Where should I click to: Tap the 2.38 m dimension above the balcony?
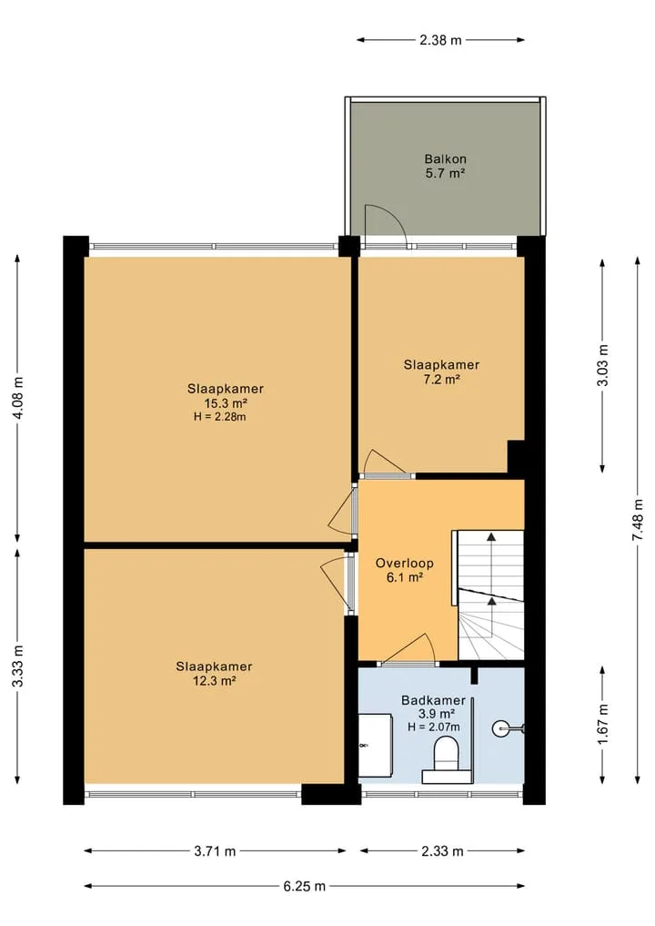[440, 40]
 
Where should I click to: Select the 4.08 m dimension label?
[18, 398]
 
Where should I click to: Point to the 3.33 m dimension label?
[18, 667]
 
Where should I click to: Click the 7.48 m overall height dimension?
[638, 520]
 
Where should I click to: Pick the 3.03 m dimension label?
[602, 365]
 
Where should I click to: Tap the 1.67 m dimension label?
[602, 724]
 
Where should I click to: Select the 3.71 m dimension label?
[215, 851]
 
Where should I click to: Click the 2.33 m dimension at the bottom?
[442, 851]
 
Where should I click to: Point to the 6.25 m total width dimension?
[305, 886]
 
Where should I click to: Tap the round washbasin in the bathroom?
[502, 729]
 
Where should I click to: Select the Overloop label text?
[405, 564]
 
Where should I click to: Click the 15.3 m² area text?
[226, 403]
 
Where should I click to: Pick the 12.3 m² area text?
[215, 680]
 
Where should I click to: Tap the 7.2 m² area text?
[441, 379]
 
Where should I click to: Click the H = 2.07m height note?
[434, 727]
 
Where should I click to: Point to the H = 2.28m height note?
[219, 417]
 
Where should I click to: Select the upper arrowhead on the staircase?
[491, 536]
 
